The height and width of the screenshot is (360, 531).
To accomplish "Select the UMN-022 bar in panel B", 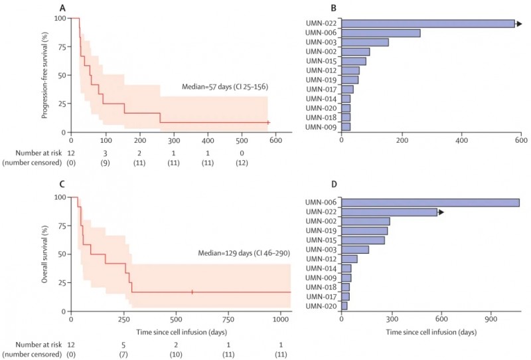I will coord(428,24).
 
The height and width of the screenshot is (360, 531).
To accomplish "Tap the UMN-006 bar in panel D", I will coord(430,203).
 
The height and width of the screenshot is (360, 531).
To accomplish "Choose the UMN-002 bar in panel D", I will coord(366,221).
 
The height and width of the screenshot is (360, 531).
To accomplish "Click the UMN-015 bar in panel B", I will coord(354,61).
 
